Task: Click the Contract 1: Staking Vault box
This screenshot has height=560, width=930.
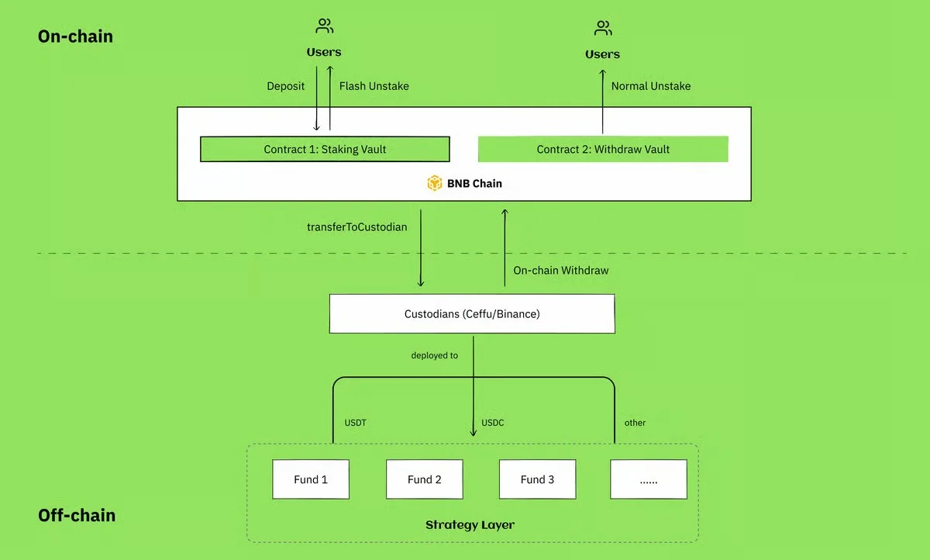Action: click(325, 149)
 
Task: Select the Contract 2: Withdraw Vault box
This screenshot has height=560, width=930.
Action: click(603, 149)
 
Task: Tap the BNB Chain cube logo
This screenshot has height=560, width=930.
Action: click(435, 183)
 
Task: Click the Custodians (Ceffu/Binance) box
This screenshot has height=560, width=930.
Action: click(472, 313)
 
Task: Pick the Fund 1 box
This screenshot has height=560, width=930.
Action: click(311, 479)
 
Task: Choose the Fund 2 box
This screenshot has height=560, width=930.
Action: click(425, 479)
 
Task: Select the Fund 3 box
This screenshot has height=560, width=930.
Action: click(537, 479)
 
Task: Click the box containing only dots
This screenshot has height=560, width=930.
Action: click(649, 479)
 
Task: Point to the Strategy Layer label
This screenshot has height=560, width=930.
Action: click(470, 525)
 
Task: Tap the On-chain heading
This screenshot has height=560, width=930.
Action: click(76, 36)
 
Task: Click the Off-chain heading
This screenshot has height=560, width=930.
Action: click(77, 515)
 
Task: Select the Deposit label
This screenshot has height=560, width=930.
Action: click(286, 86)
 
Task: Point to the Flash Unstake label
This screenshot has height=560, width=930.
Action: click(374, 86)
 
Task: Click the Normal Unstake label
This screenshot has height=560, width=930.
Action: click(651, 86)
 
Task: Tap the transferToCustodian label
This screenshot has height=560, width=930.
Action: click(357, 226)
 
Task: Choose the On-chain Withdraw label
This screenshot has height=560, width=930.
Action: click(561, 271)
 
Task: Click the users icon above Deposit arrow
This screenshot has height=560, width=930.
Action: click(324, 26)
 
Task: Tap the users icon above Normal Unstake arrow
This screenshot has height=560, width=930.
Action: click(603, 28)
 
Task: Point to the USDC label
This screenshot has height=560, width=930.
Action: click(493, 423)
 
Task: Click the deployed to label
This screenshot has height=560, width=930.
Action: click(435, 355)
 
